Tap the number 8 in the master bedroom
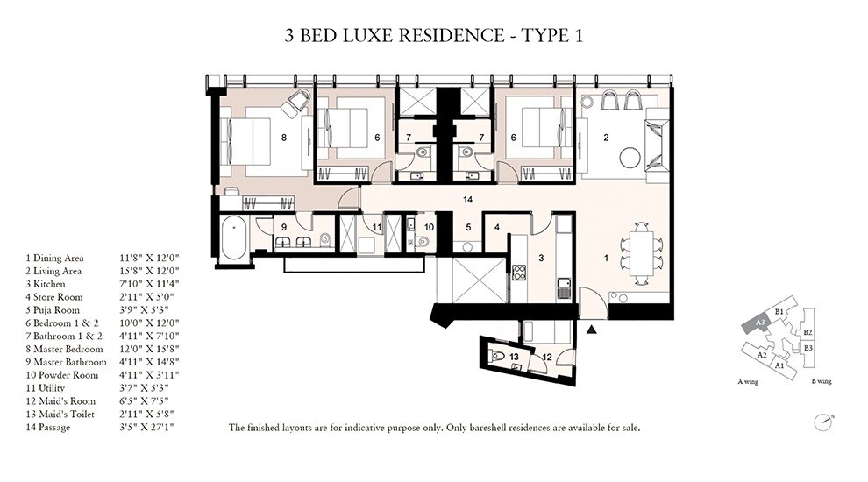click(x=284, y=137)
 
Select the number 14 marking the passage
click(x=469, y=200)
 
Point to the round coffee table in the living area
click(x=630, y=158)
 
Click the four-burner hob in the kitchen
click(x=518, y=273)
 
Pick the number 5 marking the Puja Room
click(x=468, y=226)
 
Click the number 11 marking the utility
click(x=375, y=228)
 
